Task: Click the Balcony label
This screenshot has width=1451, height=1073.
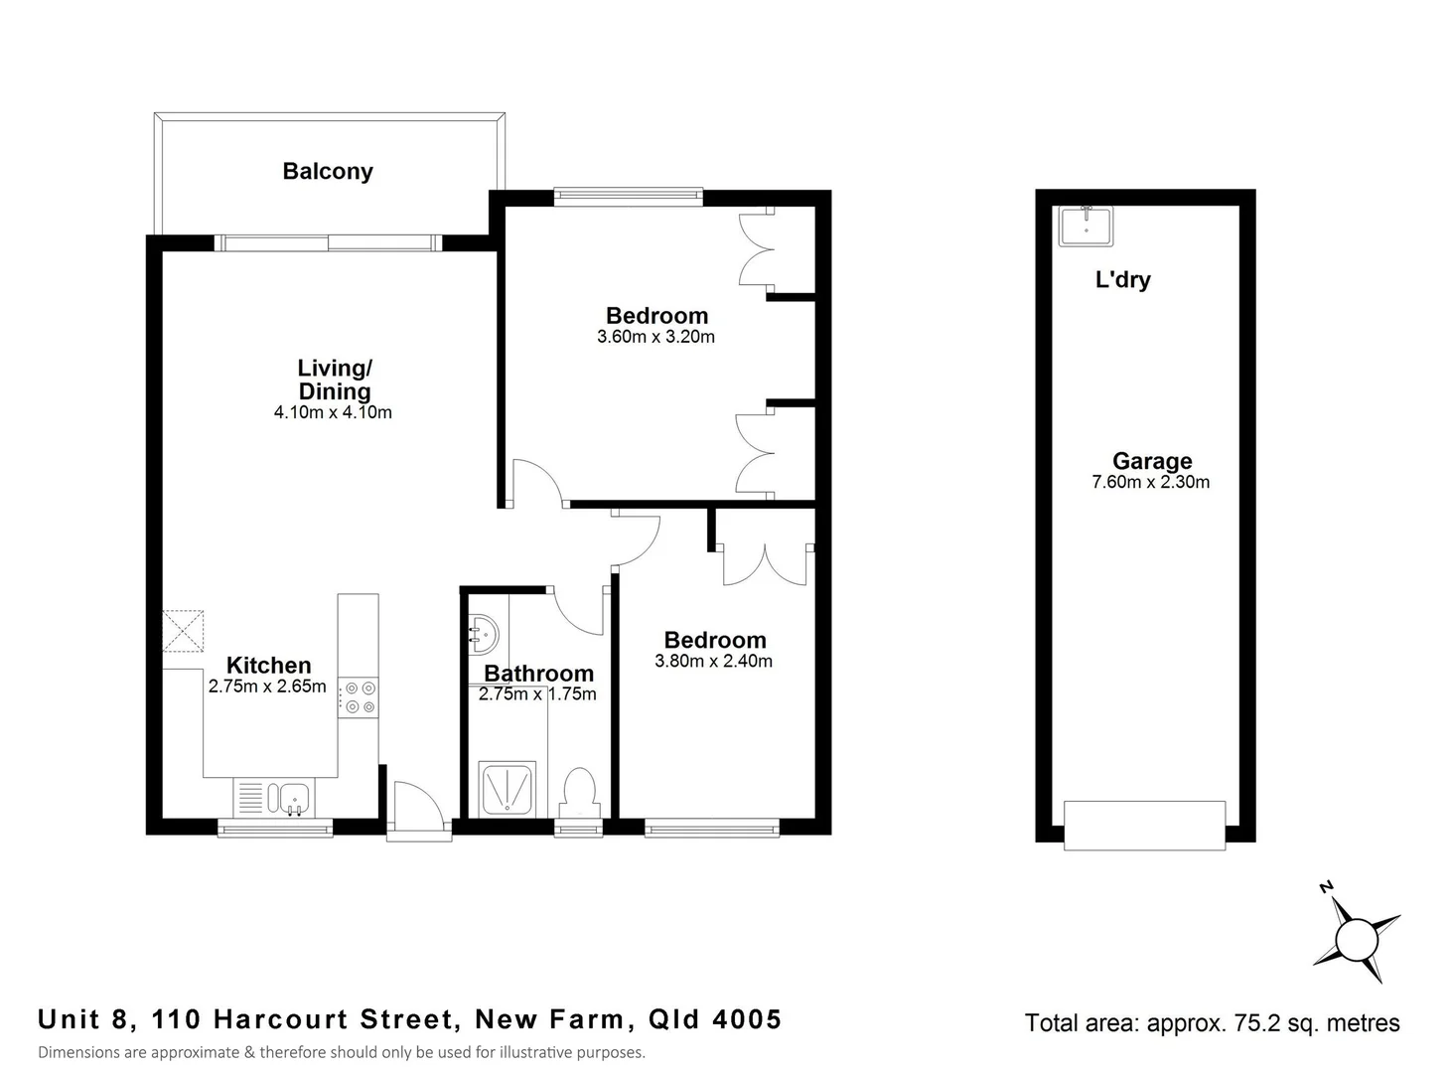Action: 328,171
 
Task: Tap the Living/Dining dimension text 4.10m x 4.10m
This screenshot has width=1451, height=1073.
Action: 333,412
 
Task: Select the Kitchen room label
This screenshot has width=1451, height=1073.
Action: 268,665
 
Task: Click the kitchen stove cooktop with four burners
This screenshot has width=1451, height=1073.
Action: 359,696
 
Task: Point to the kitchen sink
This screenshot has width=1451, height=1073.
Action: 293,797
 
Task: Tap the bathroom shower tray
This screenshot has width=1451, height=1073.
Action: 508,789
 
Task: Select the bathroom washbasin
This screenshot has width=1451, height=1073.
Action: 484,633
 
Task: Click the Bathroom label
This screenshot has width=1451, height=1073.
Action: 538,674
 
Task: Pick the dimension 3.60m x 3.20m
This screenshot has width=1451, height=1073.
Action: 655,337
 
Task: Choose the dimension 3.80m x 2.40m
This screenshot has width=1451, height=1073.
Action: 713,661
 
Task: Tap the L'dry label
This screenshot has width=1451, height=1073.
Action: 1122,279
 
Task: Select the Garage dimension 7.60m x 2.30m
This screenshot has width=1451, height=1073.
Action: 1150,483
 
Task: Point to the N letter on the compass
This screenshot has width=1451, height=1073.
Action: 1325,886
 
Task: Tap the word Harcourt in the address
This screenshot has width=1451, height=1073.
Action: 281,1019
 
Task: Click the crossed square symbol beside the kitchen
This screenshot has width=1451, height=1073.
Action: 184,631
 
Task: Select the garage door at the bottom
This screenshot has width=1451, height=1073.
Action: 1144,825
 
